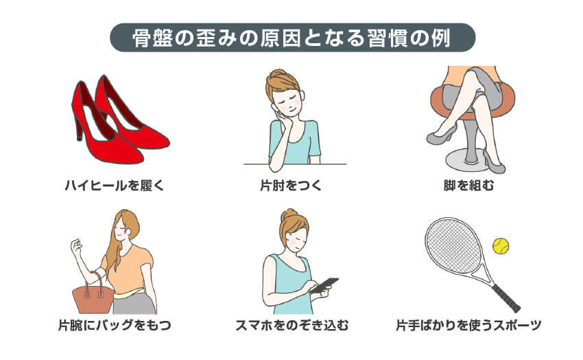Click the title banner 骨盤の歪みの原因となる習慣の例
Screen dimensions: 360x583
tap(291, 37)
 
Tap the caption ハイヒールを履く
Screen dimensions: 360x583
tap(115, 185)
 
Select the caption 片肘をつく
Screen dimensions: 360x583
tap(291, 185)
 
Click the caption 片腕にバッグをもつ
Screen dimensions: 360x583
tap(115, 325)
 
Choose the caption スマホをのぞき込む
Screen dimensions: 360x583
tap(291, 325)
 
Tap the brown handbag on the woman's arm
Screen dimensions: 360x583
tap(92, 298)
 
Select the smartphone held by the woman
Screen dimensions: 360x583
tap(324, 285)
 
